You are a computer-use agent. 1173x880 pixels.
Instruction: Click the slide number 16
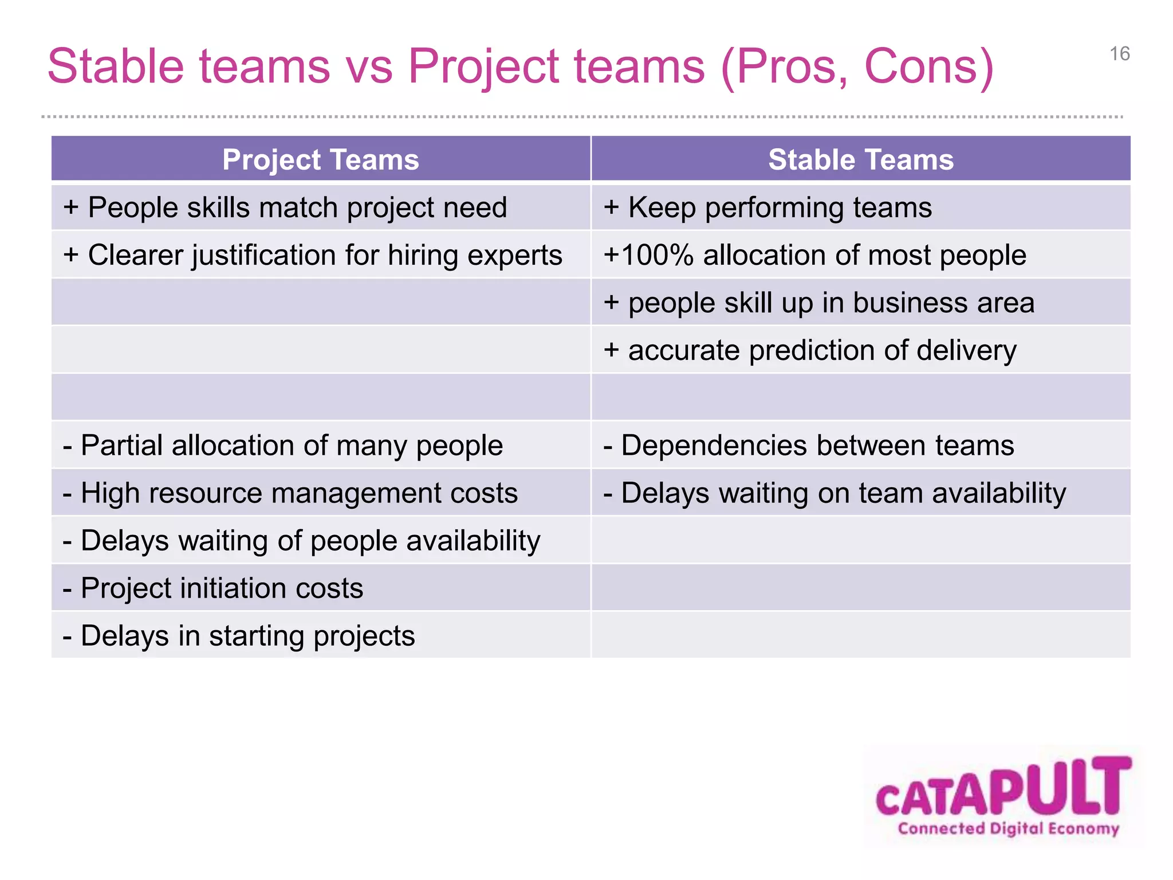(x=1119, y=54)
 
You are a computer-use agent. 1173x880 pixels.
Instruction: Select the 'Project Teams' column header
(x=320, y=159)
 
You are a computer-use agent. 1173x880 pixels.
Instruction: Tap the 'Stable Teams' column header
(x=860, y=159)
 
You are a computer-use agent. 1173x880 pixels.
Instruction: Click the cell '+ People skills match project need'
(x=285, y=207)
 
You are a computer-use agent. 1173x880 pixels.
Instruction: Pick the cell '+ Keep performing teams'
(x=767, y=207)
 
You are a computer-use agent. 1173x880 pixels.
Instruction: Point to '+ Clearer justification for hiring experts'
(x=313, y=255)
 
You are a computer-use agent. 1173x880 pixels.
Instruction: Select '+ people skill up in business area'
(x=819, y=302)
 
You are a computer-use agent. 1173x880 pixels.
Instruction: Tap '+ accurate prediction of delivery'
(x=810, y=350)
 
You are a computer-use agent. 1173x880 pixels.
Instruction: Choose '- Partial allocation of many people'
(x=283, y=445)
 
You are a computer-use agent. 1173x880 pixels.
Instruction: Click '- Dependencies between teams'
(x=809, y=445)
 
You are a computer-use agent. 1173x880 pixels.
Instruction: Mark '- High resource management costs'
(x=290, y=493)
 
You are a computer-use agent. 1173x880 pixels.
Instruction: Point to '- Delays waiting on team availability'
(x=835, y=493)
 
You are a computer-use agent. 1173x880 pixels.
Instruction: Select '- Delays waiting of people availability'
(x=301, y=540)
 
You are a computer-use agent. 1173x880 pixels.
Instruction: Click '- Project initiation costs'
(x=213, y=588)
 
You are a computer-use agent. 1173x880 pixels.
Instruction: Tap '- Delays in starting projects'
(x=239, y=635)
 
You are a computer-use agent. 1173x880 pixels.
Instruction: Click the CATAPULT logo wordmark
(x=1003, y=788)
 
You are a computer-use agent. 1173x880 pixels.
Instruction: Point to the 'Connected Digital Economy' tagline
(x=1008, y=828)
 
